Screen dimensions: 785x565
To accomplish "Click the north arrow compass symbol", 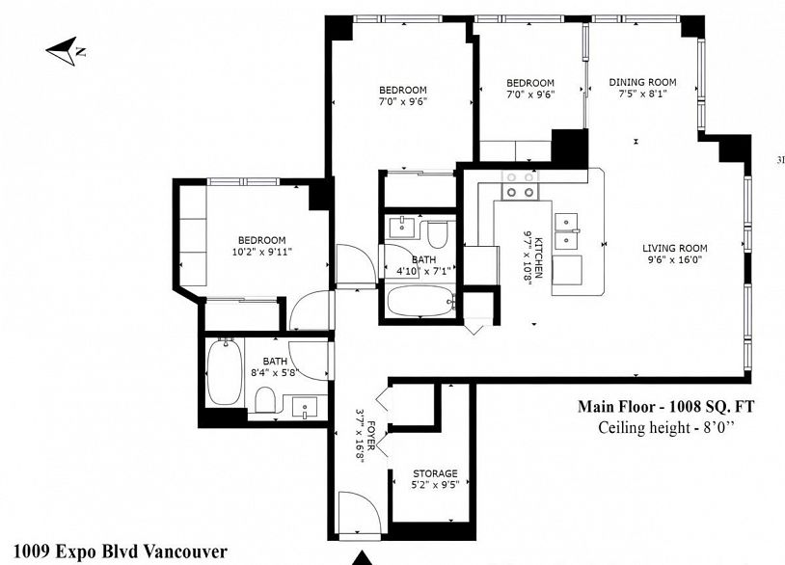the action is pyautogui.click(x=63, y=50).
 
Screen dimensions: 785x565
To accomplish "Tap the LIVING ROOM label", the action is pyautogui.click(x=674, y=248).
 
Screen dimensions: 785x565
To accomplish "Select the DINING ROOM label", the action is pyautogui.click(x=642, y=82).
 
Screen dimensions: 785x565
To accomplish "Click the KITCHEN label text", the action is pyautogui.click(x=539, y=256).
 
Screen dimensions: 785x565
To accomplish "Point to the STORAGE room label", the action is pyautogui.click(x=435, y=473).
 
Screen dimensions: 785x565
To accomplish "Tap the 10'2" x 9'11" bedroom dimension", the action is pyautogui.click(x=262, y=252).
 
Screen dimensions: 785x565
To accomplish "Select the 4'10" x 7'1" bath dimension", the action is pyautogui.click(x=423, y=271).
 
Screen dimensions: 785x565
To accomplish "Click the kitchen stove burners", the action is pyautogui.click(x=521, y=185).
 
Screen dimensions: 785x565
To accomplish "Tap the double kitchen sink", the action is pyautogui.click(x=567, y=230).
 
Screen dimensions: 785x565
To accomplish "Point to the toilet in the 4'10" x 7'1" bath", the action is pyautogui.click(x=437, y=233).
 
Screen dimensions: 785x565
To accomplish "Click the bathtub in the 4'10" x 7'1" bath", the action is pyautogui.click(x=421, y=301).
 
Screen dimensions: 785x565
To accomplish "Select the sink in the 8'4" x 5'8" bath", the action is pyautogui.click(x=304, y=408).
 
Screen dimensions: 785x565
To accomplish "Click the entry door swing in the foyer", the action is pyautogui.click(x=359, y=513).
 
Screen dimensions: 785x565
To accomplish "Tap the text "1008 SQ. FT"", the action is pyautogui.click(x=713, y=406).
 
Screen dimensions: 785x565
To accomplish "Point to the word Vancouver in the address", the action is pyautogui.click(x=185, y=552).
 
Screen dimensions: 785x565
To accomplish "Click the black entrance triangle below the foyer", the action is pyautogui.click(x=362, y=558).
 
